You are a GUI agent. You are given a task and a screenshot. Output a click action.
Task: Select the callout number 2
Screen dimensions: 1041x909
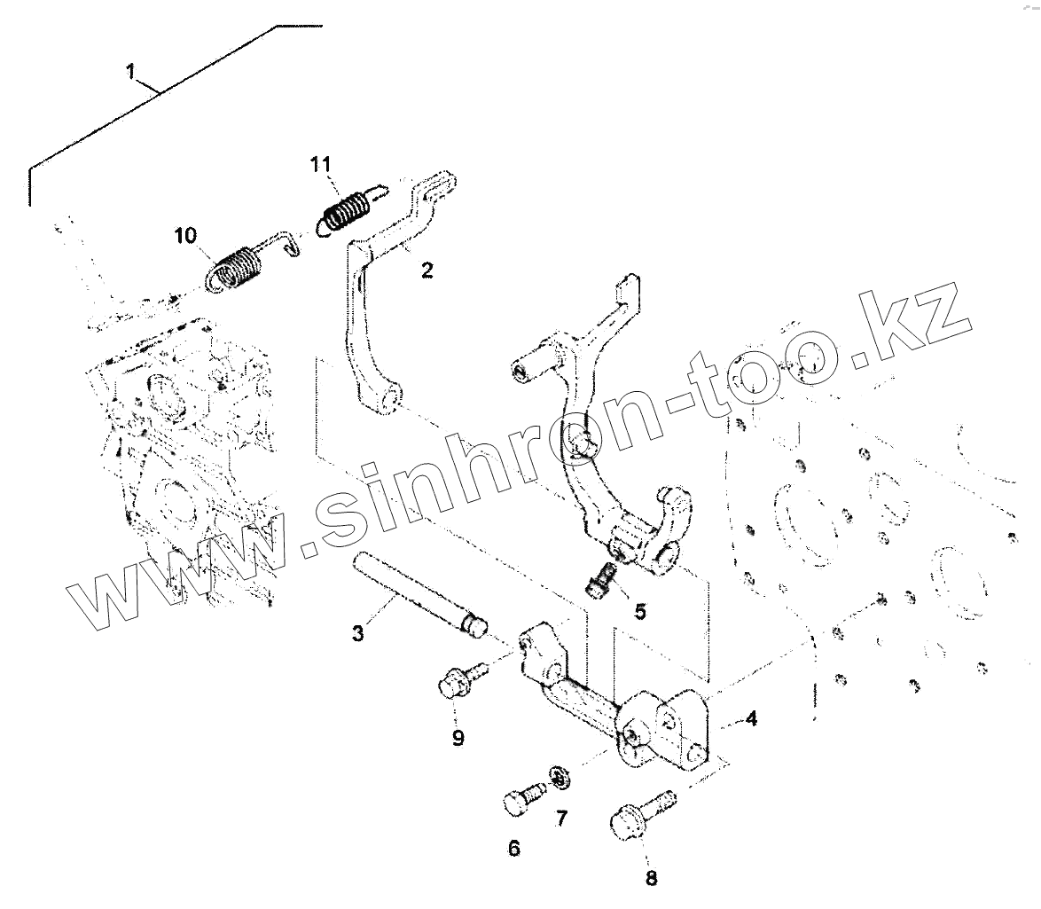tap(427, 270)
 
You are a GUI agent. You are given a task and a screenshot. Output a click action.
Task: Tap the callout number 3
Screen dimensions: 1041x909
tap(357, 633)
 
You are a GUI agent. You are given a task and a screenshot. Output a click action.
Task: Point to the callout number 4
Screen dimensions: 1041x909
tap(751, 718)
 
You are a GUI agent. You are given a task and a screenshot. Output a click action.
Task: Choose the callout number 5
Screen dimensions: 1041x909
tap(639, 611)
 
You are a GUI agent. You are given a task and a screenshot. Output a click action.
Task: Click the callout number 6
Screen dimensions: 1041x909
tap(513, 849)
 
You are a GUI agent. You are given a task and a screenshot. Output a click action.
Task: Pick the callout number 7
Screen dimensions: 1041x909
tap(561, 818)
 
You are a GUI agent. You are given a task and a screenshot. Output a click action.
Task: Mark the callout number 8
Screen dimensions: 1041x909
tap(652, 878)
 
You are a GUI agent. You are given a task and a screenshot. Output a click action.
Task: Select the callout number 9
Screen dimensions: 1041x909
tap(458, 738)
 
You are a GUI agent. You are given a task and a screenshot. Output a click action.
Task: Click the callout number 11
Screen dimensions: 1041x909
tap(320, 164)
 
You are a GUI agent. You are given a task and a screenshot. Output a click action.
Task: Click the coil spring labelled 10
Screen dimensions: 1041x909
tap(236, 270)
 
